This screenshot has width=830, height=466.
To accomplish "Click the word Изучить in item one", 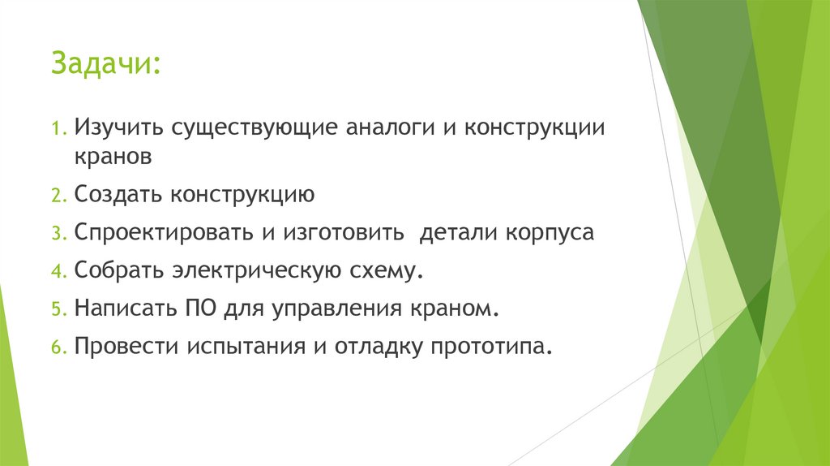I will [113, 128].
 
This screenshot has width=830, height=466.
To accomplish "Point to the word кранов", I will [113, 157].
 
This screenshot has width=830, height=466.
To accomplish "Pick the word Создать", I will [118, 195].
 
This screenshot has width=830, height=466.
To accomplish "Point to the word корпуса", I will [550, 233].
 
